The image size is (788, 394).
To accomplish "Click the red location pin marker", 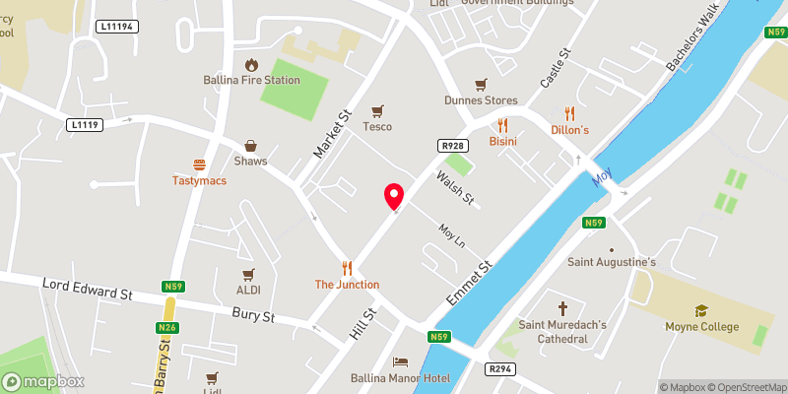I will pos(394,196).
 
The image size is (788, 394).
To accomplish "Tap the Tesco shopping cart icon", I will pos(377,111).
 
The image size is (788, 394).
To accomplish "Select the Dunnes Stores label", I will pos(481,99).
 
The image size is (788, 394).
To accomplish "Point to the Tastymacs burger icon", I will pos(200,165).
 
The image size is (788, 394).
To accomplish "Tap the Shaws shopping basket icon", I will pos(250,146).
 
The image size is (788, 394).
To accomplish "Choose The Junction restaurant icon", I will pos(347,268).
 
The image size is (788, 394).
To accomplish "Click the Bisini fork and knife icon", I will pos(502,125).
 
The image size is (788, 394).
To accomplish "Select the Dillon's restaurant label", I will pos(569,130).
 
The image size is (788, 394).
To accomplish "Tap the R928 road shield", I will pos(452,146).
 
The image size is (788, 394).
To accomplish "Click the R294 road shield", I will pos(499,368).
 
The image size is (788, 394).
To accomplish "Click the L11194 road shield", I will pos(116,27).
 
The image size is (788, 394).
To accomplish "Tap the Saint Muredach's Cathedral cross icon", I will pos(563,308).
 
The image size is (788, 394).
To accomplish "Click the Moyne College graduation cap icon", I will pos(700,310).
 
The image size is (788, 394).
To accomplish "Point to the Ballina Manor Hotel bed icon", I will pos(400,362).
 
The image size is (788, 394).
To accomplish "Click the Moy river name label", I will pos(602,178).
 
